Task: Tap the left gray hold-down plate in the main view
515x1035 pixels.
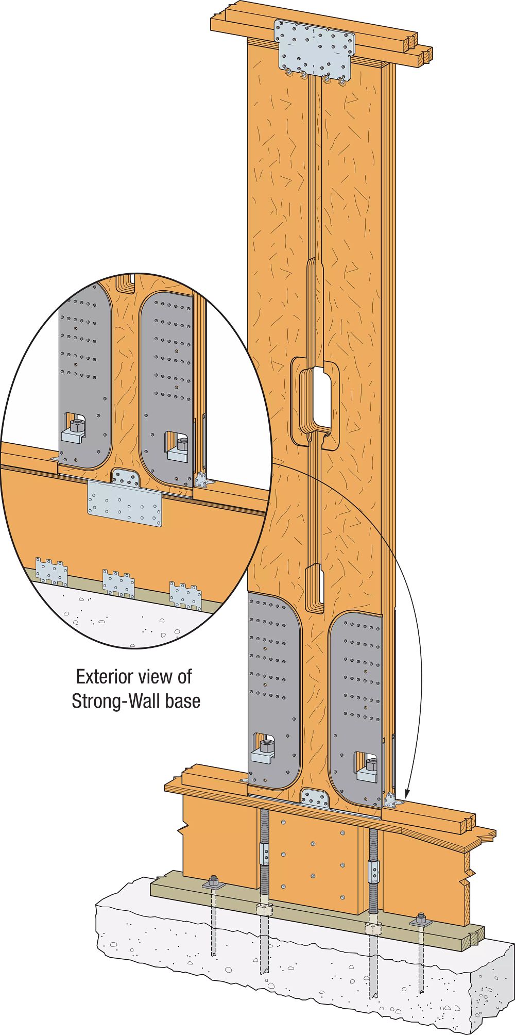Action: pos(273,691)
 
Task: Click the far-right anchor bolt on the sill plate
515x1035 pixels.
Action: pos(421,919)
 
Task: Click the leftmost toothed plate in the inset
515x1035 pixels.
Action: pos(51,571)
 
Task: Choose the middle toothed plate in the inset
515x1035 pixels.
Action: pos(118,583)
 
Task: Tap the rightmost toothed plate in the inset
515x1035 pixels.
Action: pos(185,595)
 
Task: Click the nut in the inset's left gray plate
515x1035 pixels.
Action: pos(76,426)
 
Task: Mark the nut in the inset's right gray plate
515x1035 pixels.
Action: pos(182,444)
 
